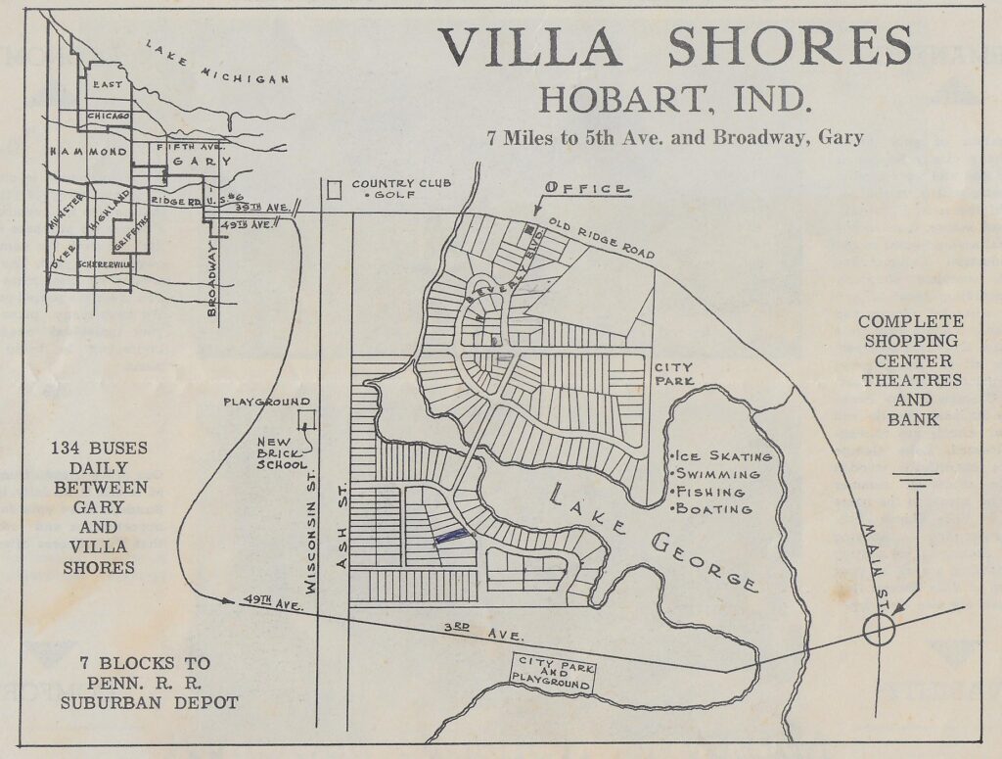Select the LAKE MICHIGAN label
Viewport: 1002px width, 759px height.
click(x=217, y=64)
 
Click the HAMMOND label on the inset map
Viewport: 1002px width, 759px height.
click(x=89, y=152)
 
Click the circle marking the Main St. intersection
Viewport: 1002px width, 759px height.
click(x=878, y=631)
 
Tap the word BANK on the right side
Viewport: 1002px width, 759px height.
click(x=910, y=419)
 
